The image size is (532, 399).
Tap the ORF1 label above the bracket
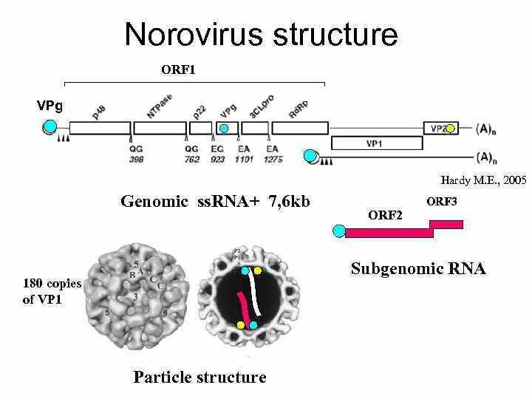[178, 70]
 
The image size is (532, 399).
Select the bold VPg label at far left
[50, 106]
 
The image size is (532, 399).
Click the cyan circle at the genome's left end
[50, 128]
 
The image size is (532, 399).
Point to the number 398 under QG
[135, 159]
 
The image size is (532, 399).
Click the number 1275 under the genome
[273, 159]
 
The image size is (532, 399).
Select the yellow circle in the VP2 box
[450, 129]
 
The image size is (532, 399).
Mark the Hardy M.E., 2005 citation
[483, 180]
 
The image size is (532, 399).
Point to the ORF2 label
[385, 215]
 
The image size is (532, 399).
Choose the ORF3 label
[442, 201]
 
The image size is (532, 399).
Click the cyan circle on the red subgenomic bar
[339, 231]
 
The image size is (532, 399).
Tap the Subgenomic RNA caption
[418, 268]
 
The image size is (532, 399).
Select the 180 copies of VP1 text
[52, 292]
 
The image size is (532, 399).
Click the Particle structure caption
[199, 377]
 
